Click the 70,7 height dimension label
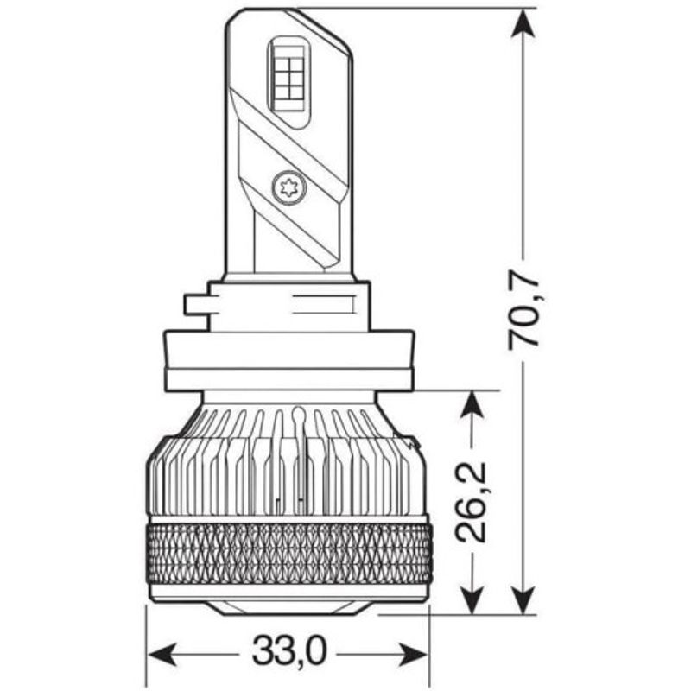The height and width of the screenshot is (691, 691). coord(524,312)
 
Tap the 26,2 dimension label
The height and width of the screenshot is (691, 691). coord(471,501)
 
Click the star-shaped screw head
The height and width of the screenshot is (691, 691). coord(289,188)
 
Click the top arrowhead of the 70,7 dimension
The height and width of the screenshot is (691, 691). coord(523,24)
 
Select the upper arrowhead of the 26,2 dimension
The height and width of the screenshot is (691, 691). coord(471,405)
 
